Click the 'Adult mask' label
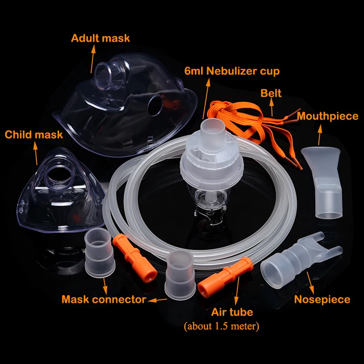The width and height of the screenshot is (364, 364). click(100, 38)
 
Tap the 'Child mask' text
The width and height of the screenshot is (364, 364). click(34, 135)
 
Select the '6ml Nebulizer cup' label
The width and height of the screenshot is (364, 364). click(232, 71)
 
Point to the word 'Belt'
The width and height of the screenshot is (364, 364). click(271, 94)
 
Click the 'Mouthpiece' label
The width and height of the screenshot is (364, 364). click(328, 116)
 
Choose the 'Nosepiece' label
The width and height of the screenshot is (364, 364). click(322, 299)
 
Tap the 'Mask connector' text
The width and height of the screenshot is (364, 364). click(104, 299)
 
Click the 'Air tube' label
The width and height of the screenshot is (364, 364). click(232, 313)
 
